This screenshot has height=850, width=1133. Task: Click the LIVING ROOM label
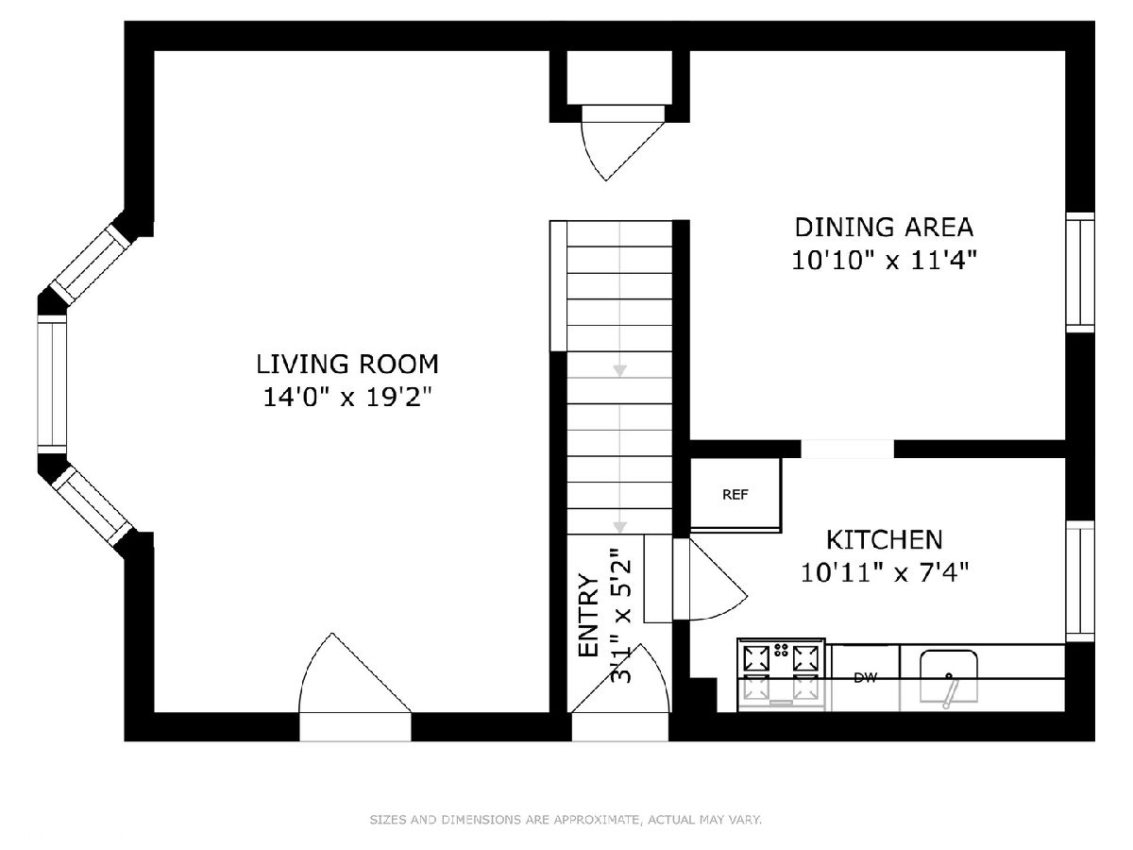[347, 365]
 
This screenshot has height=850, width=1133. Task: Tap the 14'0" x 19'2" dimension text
[347, 398]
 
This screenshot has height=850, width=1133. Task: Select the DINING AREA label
[884, 228]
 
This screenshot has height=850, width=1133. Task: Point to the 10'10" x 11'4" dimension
[884, 260]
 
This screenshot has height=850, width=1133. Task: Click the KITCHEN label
[884, 540]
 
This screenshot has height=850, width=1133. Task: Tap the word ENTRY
[588, 615]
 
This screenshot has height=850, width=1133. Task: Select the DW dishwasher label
[865, 678]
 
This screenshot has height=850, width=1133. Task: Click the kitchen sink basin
[949, 676]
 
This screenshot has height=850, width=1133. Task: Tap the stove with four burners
[782, 674]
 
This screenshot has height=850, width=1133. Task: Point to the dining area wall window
[1080, 272]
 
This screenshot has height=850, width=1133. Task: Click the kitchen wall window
[1080, 581]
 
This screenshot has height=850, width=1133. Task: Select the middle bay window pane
[52, 384]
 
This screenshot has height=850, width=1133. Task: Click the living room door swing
[355, 673]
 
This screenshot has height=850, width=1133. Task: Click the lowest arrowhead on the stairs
[619, 527]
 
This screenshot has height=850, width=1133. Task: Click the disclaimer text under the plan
[566, 819]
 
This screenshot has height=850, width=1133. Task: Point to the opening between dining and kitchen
[847, 449]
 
